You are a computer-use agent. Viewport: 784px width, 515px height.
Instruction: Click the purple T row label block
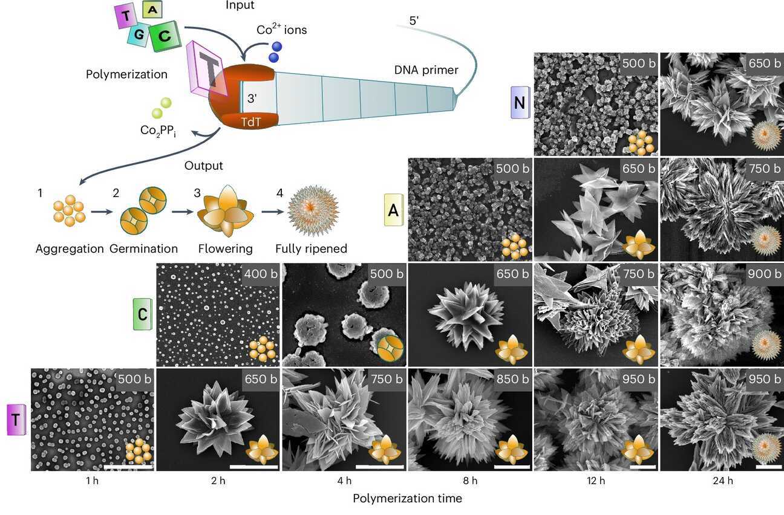point(16,419)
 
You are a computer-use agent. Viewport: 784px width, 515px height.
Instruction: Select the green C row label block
point(143,314)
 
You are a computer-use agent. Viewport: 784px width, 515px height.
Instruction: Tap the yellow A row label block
point(394,210)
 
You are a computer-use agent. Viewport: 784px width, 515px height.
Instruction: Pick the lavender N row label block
point(520,103)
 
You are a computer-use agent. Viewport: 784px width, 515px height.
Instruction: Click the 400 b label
point(261,274)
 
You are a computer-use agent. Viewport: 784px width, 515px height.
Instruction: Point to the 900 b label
point(765,274)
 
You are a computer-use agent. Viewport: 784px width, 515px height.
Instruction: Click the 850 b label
point(512,379)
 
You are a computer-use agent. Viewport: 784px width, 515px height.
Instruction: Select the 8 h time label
point(470,481)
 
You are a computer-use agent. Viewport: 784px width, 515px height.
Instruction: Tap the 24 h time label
point(723,481)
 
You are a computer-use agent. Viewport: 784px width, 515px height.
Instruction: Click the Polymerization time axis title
point(407,499)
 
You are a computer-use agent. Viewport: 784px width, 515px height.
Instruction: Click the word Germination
point(143,248)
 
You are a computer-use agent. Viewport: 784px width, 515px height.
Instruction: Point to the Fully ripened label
point(311,248)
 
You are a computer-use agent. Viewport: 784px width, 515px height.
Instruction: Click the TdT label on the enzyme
point(251,122)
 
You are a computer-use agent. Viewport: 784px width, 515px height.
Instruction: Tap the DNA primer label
point(426,70)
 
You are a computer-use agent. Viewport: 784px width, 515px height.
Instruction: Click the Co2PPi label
point(158,131)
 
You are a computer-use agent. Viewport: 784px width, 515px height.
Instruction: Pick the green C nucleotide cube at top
point(165,36)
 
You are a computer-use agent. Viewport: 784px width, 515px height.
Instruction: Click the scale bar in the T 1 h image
point(128,467)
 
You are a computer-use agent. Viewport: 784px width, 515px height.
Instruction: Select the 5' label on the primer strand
point(414,21)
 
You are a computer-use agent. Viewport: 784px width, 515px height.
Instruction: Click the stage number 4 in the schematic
point(279,193)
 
